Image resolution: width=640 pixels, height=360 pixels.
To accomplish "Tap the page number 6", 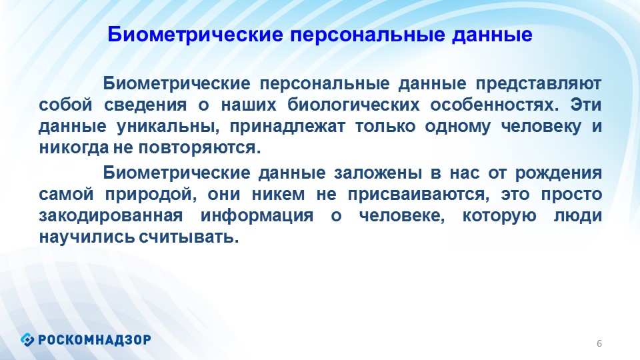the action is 599,343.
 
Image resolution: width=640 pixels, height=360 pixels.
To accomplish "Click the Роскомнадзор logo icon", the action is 27,339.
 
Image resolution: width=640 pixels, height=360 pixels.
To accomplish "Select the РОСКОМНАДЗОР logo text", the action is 95,339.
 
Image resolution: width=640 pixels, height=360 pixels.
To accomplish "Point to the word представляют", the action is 539,84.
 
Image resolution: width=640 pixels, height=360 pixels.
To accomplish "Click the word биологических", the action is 353,105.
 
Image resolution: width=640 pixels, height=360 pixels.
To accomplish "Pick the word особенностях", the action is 494,105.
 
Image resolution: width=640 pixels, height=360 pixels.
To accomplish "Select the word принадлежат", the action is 287,126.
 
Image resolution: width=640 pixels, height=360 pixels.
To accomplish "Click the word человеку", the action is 541,126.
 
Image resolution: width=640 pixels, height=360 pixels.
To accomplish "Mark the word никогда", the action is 74,147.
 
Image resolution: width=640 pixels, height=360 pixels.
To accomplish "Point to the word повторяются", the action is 199,147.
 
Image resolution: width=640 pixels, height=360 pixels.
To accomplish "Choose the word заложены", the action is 378,173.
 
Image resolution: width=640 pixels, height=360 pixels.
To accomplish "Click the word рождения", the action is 559,173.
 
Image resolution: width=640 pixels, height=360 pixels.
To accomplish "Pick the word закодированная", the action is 111,215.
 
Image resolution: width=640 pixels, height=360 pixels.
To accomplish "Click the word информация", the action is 257,215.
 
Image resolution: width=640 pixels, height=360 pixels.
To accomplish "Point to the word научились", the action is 87,236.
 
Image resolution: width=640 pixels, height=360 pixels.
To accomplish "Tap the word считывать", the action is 189,236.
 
